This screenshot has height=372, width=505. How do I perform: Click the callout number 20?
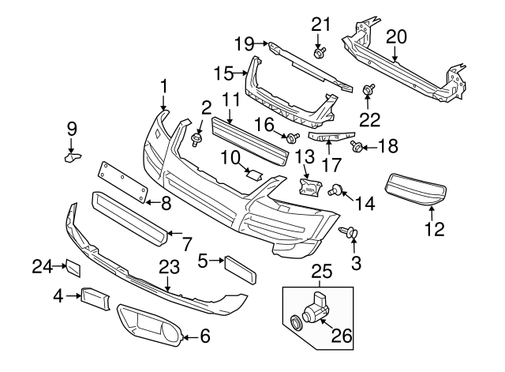tap(396, 35)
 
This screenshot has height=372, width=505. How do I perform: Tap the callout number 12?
tap(434, 229)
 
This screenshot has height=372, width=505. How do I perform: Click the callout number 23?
tap(169, 266)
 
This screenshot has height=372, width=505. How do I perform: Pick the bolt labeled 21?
tap(320, 53)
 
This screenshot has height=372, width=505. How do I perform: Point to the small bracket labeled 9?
tap(73, 158)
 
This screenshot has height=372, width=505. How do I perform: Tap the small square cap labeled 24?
tap(71, 269)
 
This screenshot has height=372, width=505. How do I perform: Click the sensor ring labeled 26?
tap(297, 321)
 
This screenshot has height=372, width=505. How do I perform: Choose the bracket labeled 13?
tap(309, 187)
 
